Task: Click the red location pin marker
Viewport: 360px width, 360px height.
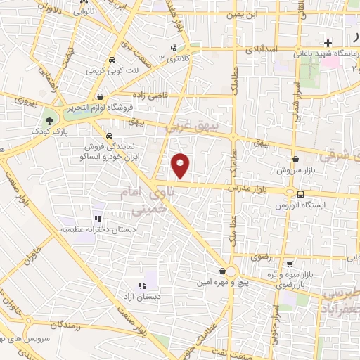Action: click(x=181, y=165)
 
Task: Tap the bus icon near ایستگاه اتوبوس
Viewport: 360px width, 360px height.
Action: click(x=300, y=193)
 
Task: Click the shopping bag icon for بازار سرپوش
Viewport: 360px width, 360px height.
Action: click(x=295, y=160)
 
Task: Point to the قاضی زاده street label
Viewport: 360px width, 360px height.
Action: click(x=148, y=93)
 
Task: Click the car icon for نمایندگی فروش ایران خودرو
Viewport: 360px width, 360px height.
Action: click(x=109, y=136)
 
